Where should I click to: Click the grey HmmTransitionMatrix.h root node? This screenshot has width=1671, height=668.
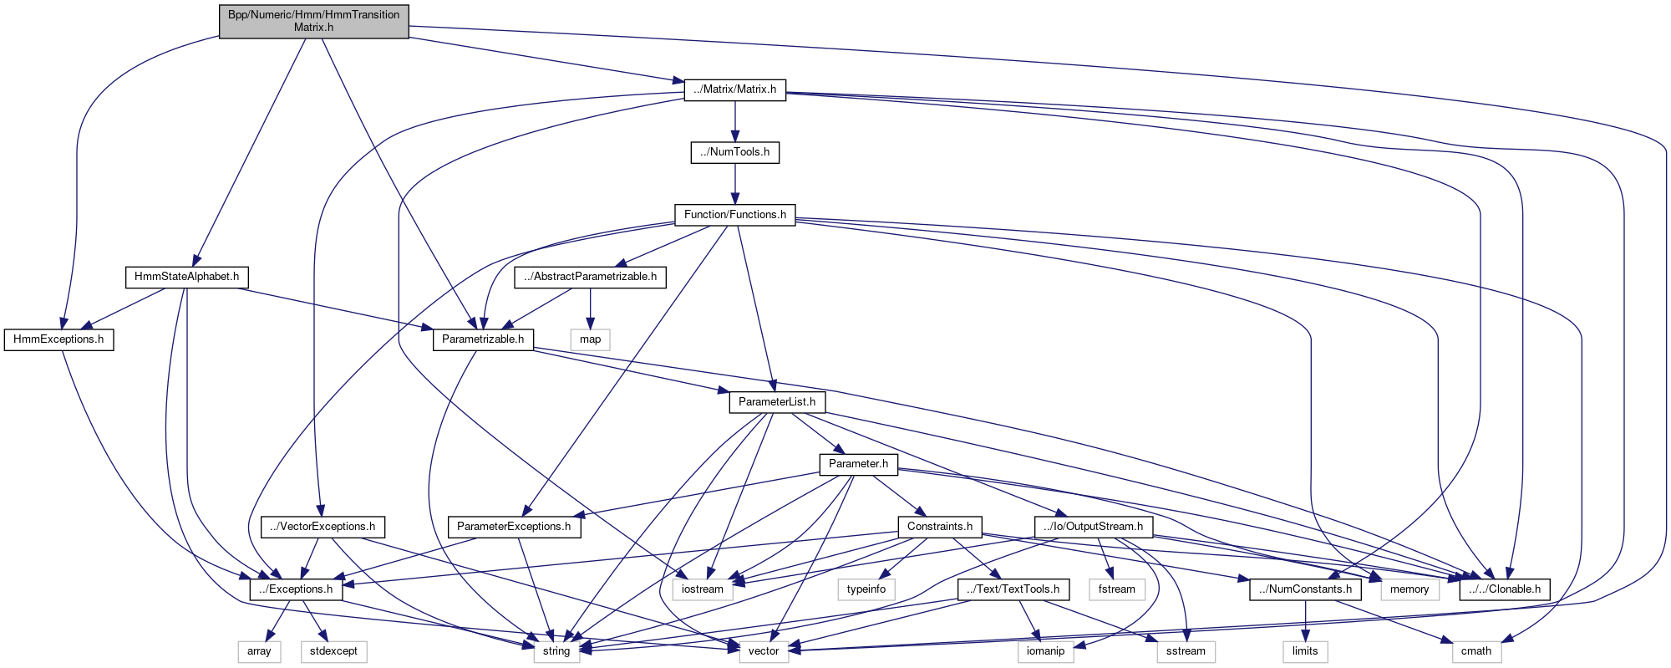click(313, 21)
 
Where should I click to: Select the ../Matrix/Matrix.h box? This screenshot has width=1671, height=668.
click(734, 89)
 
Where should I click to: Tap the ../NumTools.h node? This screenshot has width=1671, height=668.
click(734, 152)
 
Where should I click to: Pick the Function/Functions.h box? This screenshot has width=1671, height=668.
click(734, 215)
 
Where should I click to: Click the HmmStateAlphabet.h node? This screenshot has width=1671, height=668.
click(186, 277)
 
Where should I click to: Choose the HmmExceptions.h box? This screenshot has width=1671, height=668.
click(58, 339)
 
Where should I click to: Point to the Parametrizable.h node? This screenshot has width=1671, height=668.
click(482, 339)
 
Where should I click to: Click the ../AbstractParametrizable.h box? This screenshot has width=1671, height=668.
click(590, 277)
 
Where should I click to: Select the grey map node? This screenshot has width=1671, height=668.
click(590, 339)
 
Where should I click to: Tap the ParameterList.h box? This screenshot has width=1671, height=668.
click(776, 402)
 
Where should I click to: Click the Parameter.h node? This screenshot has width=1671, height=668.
click(858, 464)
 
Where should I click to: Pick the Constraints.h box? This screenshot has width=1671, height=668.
click(939, 527)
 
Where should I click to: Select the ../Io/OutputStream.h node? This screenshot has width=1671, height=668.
click(1094, 527)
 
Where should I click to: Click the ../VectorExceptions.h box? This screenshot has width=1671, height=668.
click(323, 527)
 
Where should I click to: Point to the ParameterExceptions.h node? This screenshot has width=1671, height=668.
click(514, 527)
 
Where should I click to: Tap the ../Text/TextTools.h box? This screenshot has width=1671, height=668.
click(1013, 589)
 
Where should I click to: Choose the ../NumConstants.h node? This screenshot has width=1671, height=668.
click(1305, 589)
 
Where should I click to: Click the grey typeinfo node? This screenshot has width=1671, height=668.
click(866, 589)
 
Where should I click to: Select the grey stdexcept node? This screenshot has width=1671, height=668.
click(333, 651)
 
